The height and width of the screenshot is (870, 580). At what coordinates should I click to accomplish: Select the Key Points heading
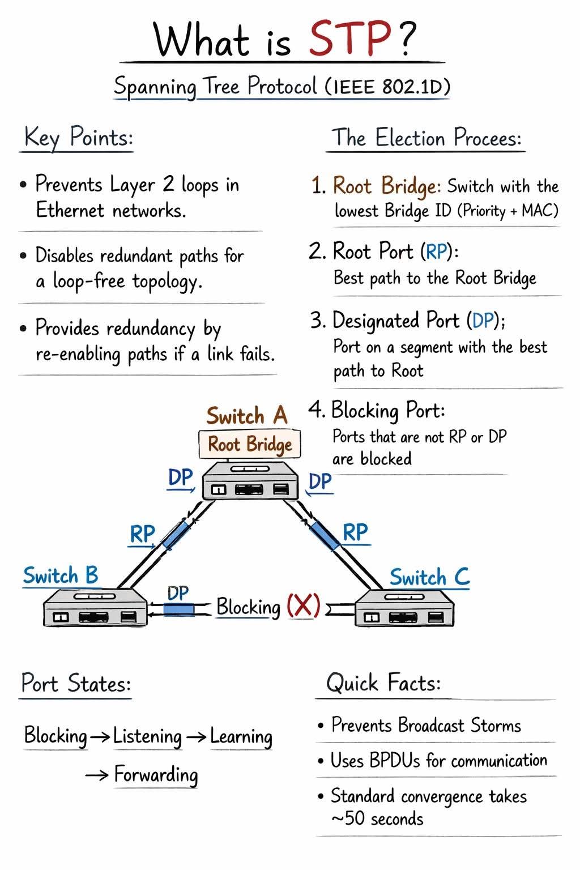(78, 138)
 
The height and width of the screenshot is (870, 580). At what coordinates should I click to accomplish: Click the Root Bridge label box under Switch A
(249, 444)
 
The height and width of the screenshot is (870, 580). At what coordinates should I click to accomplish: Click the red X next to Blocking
(302, 606)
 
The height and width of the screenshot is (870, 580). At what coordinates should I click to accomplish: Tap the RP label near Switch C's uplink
(355, 532)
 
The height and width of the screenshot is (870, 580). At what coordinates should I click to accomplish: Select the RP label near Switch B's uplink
(142, 534)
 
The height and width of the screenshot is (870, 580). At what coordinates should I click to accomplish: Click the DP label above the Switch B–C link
(178, 593)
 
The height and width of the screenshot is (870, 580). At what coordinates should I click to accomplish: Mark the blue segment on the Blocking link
(178, 609)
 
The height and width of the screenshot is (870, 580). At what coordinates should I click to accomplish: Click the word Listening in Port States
(147, 736)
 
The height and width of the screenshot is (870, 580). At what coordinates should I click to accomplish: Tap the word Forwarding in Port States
(156, 774)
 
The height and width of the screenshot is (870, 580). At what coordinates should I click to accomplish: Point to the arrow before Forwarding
(96, 775)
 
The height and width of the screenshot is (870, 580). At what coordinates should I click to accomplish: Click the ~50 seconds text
(377, 818)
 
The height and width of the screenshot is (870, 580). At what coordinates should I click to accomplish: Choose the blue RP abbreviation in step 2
(437, 251)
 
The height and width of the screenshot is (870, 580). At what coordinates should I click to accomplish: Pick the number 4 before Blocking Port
(315, 409)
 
